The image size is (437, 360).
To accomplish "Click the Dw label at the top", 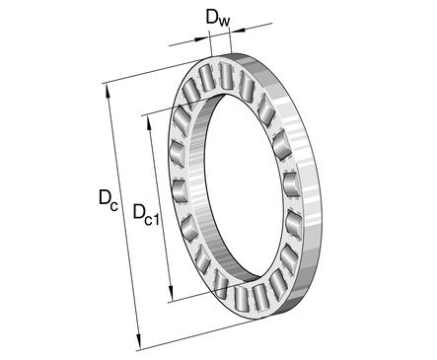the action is (218, 18).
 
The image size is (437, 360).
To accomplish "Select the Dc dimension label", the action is (109, 199).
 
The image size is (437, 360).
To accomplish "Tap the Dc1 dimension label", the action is (146, 214).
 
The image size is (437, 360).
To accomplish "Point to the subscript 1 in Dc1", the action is (156, 219).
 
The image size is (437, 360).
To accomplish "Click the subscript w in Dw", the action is (224, 22).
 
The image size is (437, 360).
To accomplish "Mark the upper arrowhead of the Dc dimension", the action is (108, 91).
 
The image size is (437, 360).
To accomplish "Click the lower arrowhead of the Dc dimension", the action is (138, 342).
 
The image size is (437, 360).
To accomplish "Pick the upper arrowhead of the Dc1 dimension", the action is (149, 123).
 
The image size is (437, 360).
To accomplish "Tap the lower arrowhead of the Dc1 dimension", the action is (171, 294).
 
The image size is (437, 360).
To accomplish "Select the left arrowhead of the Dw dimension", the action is (201, 39).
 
